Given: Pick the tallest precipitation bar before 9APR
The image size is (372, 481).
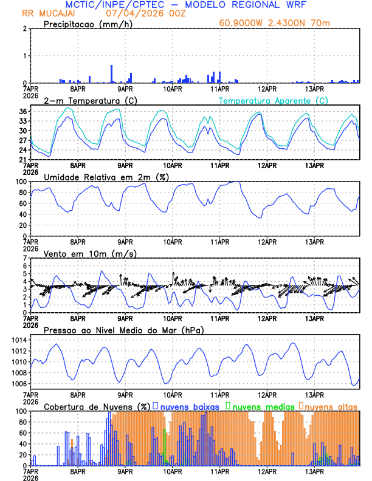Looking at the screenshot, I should (112, 73).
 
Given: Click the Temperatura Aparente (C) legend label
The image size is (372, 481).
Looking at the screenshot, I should (274, 101).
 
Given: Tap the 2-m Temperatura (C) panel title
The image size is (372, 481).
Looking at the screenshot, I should (90, 100).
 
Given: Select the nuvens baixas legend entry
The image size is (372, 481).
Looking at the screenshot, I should (189, 406).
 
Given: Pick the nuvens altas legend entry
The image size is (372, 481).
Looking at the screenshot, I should (329, 406).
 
